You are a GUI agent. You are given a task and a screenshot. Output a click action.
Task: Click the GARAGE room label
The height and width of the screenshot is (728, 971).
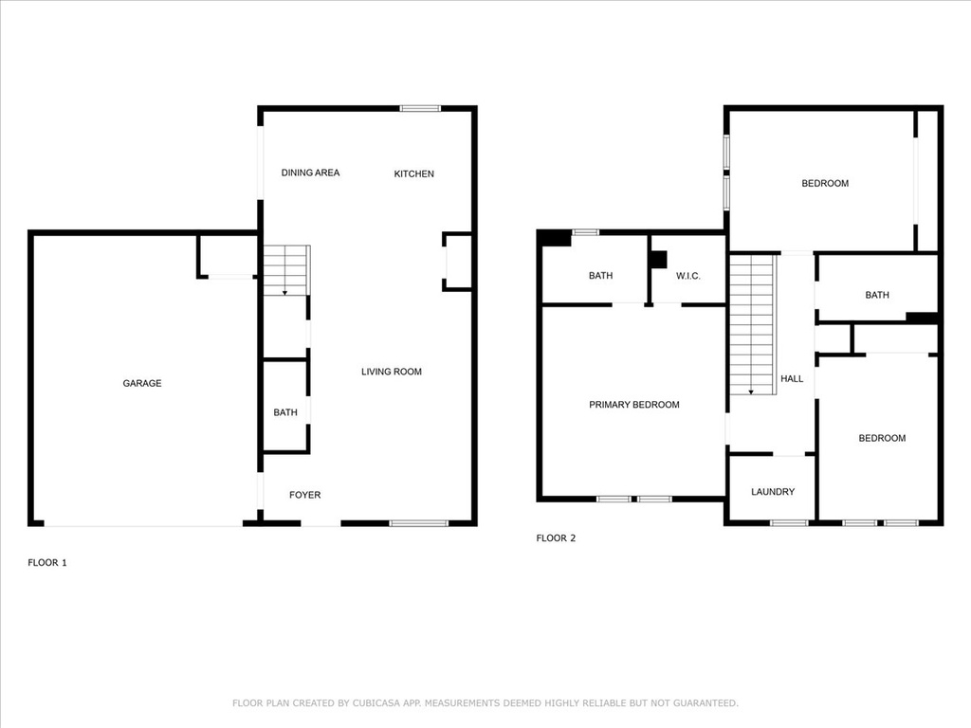point(142,383)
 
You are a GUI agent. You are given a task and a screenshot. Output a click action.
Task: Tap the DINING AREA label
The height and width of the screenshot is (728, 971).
point(310,173)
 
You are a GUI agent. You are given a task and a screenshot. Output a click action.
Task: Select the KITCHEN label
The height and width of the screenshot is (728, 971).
point(413,174)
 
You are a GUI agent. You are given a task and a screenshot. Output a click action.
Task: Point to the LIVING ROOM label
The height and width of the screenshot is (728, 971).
point(392,372)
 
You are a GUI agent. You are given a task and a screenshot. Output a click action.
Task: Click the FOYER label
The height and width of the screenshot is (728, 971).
point(304,495)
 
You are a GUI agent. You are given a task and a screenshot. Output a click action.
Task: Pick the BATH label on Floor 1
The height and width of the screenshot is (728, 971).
point(285,412)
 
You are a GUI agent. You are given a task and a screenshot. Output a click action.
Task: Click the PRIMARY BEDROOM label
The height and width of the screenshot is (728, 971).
point(634,405)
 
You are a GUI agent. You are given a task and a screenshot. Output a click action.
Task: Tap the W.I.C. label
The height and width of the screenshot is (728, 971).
point(688,276)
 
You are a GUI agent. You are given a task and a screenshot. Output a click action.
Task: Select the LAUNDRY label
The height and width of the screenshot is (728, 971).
point(773,492)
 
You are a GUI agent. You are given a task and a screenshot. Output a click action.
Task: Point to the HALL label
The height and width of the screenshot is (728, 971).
point(792,379)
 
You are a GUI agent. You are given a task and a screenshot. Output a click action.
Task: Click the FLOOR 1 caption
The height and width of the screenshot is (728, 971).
point(47,563)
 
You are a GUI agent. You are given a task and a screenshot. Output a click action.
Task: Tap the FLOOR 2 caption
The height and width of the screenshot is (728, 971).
point(556,538)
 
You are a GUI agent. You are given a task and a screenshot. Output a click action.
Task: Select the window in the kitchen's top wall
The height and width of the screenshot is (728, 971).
point(420,108)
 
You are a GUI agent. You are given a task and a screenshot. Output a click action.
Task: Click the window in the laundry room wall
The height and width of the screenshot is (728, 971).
point(789,523)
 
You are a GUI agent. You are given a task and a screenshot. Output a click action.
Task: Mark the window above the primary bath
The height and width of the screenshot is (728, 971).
point(585,232)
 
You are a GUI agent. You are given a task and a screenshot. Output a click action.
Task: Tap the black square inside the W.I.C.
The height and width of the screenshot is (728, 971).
point(658,259)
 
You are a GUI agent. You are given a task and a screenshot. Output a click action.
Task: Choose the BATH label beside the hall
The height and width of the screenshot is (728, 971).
point(877,296)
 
